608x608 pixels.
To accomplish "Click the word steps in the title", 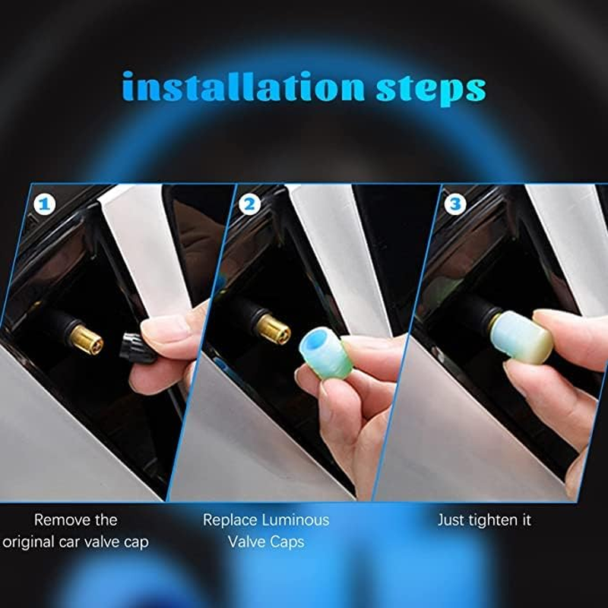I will [430, 89].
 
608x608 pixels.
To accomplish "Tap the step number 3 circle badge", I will [454, 204].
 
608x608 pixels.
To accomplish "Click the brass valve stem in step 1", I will [86, 340].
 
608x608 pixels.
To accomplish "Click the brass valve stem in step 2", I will [272, 328].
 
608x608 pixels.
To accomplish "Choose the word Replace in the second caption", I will [230, 521].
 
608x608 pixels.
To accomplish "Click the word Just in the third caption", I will [451, 521].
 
